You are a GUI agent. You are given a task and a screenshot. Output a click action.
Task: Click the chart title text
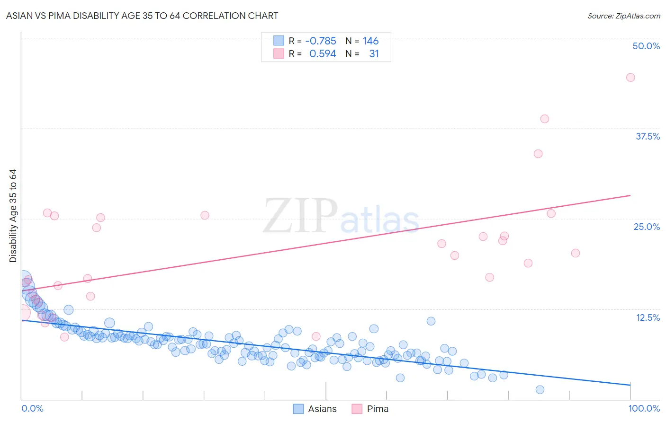(142, 16)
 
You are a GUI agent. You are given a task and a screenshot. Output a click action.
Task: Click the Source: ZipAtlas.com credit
(623, 16)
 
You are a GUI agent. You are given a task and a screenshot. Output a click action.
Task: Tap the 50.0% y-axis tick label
(646, 46)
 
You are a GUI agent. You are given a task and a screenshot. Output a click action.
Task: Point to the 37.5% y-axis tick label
(648, 136)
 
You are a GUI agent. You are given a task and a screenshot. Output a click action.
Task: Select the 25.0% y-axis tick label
(647, 227)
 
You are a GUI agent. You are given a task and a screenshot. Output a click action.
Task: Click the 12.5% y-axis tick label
(648, 317)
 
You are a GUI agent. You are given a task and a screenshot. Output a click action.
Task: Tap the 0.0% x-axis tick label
(32, 408)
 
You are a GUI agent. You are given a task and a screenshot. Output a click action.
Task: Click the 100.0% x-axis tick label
(644, 408)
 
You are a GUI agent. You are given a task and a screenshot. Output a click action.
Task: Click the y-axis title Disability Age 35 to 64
(13, 216)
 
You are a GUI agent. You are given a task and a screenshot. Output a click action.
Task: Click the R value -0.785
(321, 41)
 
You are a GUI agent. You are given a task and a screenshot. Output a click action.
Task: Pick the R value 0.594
(323, 54)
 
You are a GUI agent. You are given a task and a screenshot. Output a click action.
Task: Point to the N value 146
(370, 41)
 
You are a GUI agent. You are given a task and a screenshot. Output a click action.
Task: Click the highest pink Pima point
(630, 78)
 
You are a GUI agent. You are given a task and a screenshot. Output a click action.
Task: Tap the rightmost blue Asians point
(540, 390)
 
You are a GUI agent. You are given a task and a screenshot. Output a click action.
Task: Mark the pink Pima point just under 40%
(544, 119)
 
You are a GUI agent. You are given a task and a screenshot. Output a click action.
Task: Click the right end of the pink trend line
(630, 195)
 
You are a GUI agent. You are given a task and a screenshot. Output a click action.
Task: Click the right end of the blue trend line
(630, 385)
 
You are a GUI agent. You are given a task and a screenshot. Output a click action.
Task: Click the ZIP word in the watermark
(300, 216)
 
